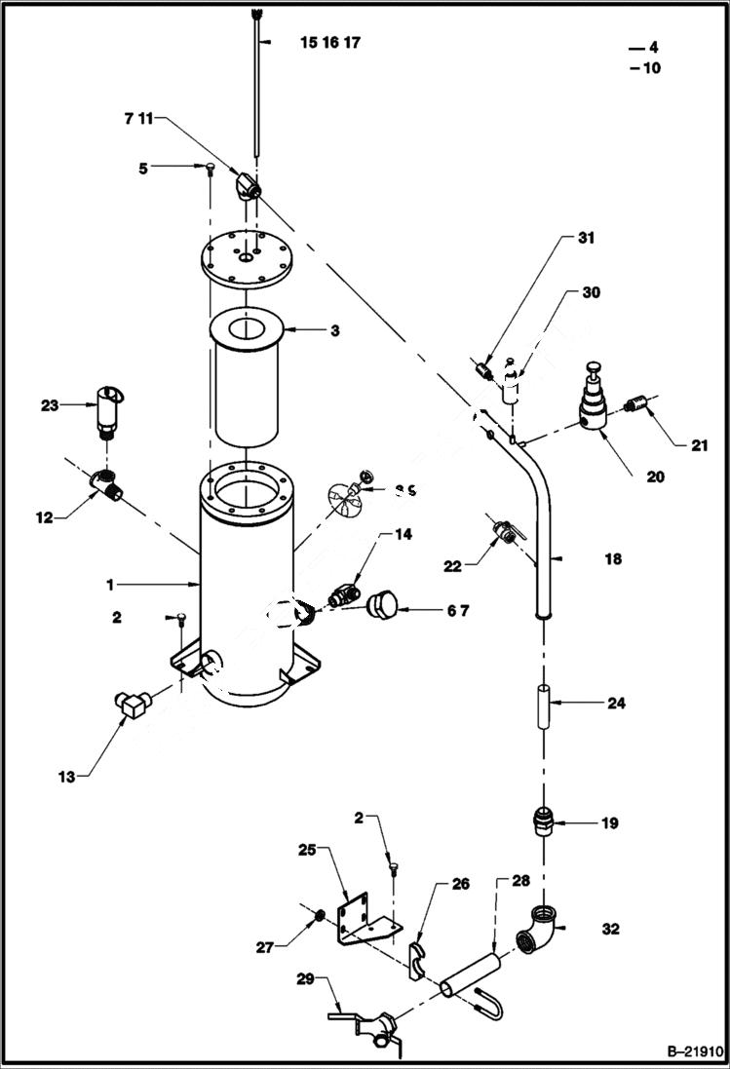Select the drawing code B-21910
[693, 1052]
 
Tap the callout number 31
[585, 238]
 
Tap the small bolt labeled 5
[211, 171]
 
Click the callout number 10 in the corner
[651, 68]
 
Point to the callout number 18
[612, 559]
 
